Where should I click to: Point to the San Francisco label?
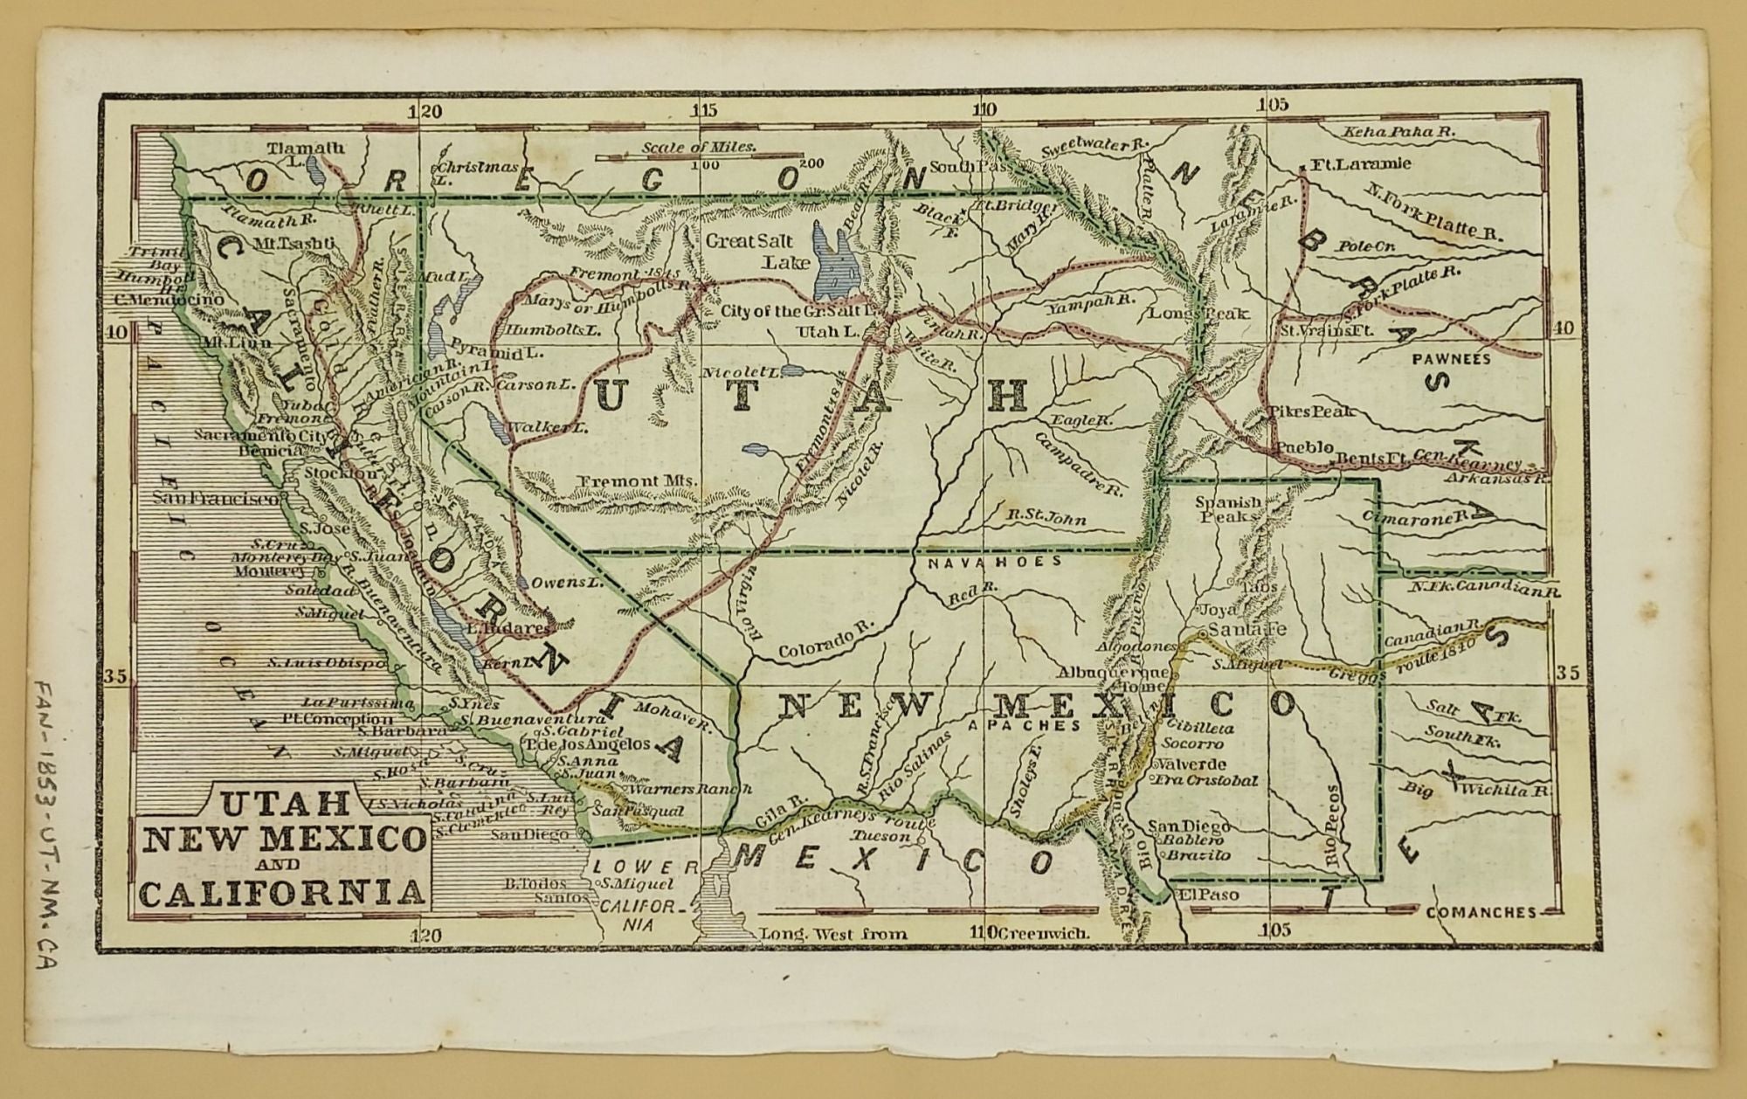click(x=217, y=499)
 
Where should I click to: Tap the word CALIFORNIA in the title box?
click(x=281, y=893)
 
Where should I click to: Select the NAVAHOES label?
click(x=993, y=563)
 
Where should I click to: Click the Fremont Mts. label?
click(x=638, y=480)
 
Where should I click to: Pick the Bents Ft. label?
click(x=1360, y=458)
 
